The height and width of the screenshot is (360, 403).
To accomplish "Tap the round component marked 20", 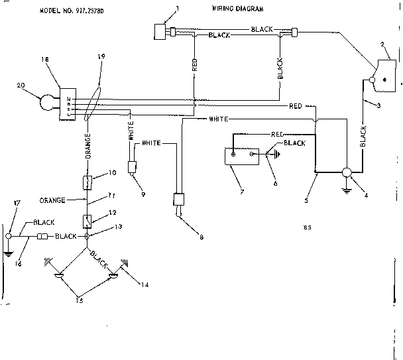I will point(48,103).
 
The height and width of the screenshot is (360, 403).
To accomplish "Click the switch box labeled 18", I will point(68,104).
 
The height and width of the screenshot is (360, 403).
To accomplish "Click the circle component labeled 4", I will point(345,172).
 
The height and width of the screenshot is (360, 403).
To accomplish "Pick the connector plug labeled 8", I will point(178,202).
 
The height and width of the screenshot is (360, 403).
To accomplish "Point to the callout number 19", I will point(101,58).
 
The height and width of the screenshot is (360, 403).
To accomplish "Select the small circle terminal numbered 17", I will point(8,236).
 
